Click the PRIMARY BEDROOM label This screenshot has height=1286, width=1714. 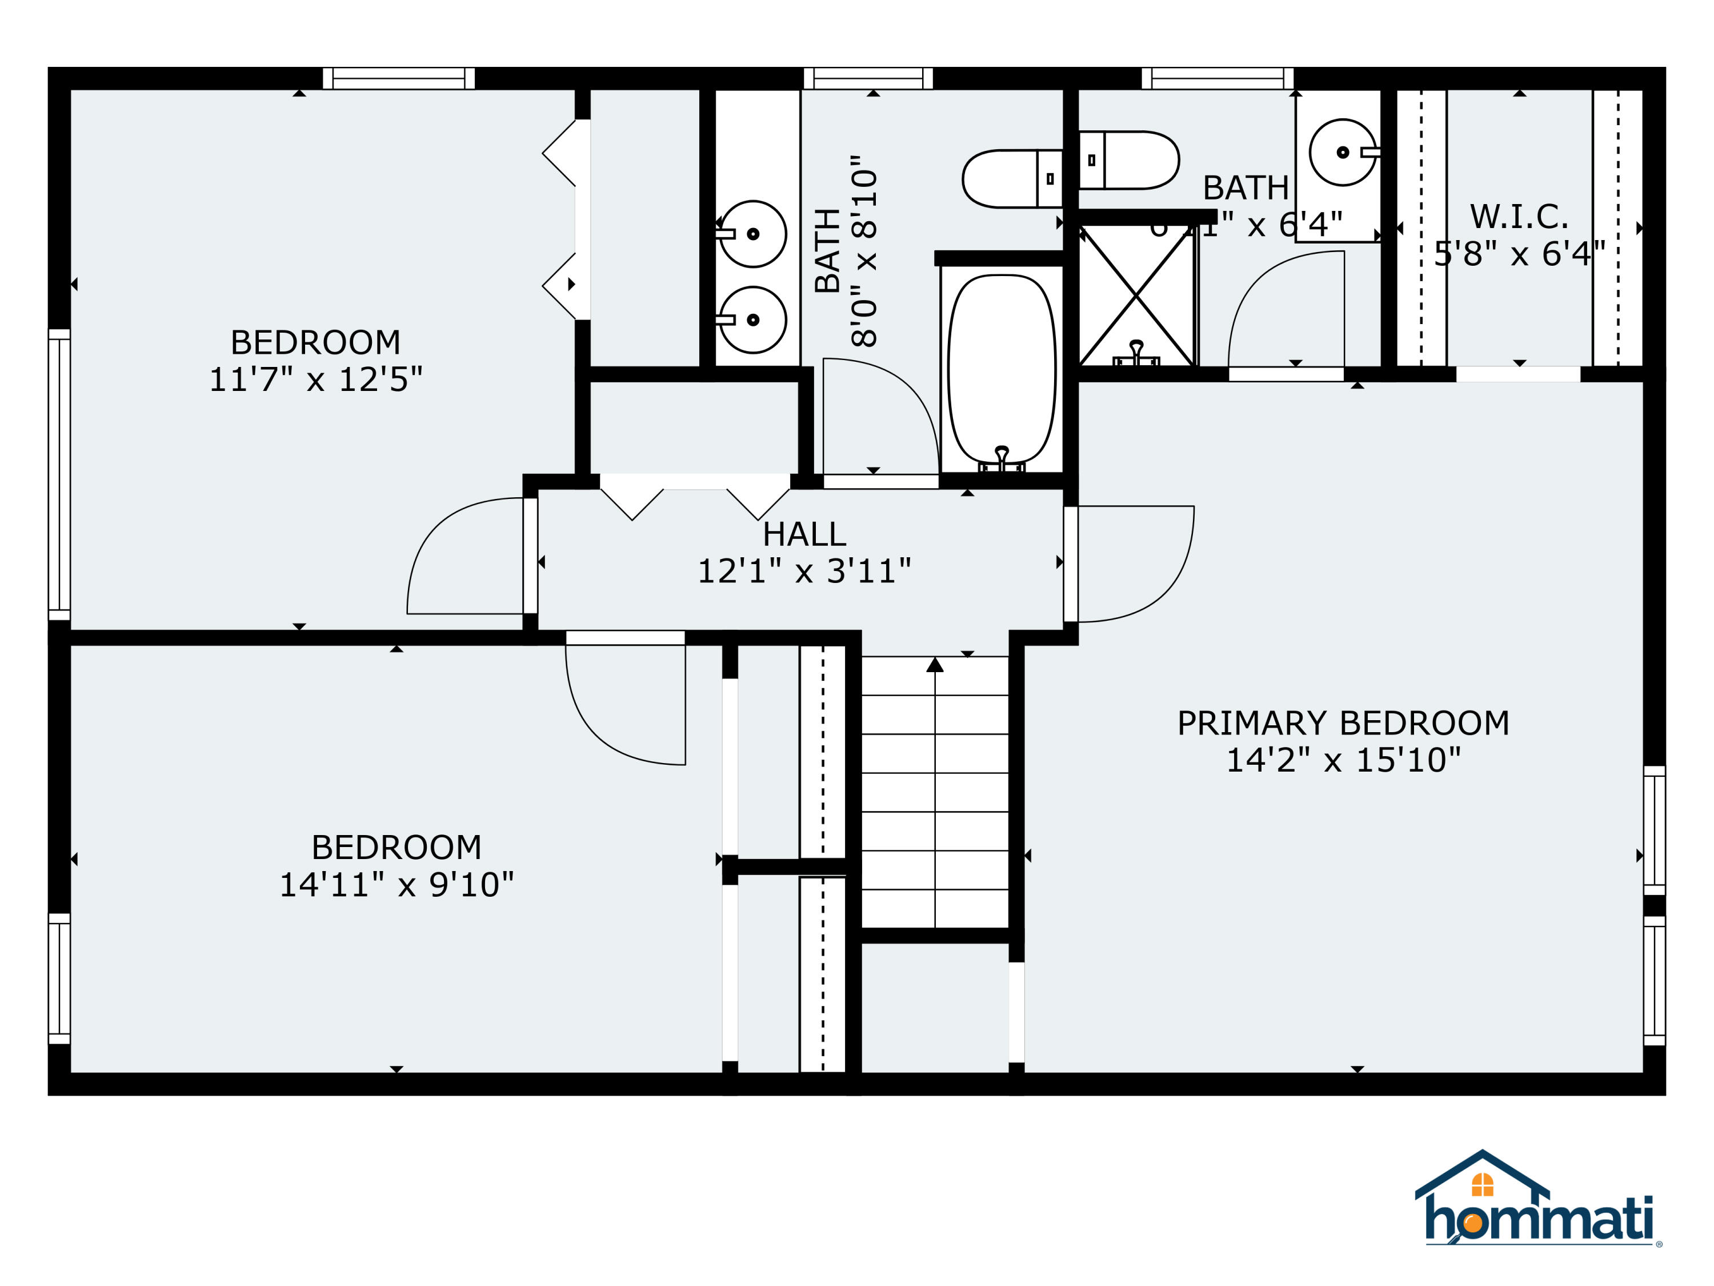tap(1343, 723)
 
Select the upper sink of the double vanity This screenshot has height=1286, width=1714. tap(752, 233)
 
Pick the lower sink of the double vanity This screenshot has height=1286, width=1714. tap(752, 319)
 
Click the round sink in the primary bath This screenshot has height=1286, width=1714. tap(1342, 153)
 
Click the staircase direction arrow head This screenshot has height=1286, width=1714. tap(935, 665)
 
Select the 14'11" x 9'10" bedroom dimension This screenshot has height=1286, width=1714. tap(396, 884)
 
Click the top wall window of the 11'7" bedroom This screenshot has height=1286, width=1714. tap(398, 78)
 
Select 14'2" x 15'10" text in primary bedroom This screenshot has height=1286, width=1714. tap(1343, 760)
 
